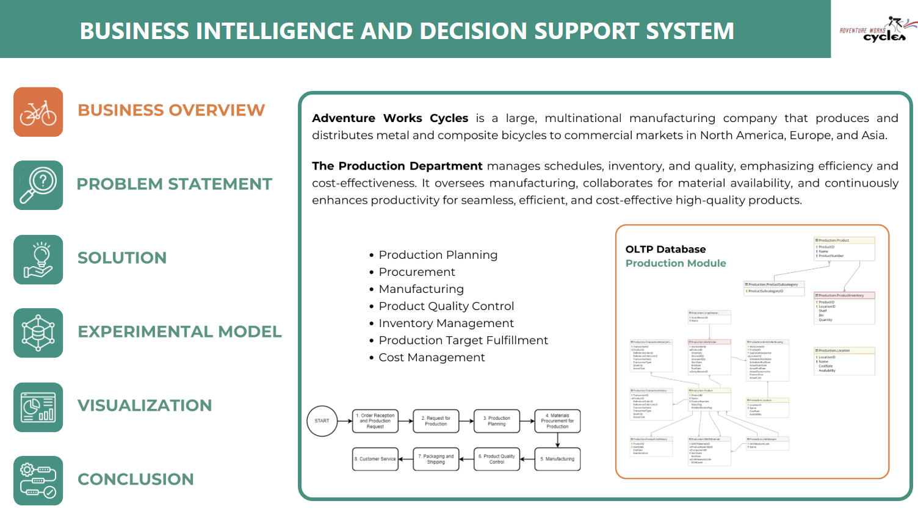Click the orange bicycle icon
[38, 112]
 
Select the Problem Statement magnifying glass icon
[38, 186]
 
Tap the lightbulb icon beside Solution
[38, 259]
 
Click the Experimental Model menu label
[179, 332]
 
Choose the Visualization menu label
[145, 406]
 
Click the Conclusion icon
[38, 480]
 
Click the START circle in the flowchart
[322, 421]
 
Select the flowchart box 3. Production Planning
[497, 421]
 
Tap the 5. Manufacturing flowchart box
[557, 459]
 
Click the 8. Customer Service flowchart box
[375, 459]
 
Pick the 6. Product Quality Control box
[497, 459]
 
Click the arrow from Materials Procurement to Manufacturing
[558, 439]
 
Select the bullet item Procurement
[417, 272]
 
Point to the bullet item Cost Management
[432, 358]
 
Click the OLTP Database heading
[665, 249]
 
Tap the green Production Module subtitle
[676, 263]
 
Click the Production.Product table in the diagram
[845, 248]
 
